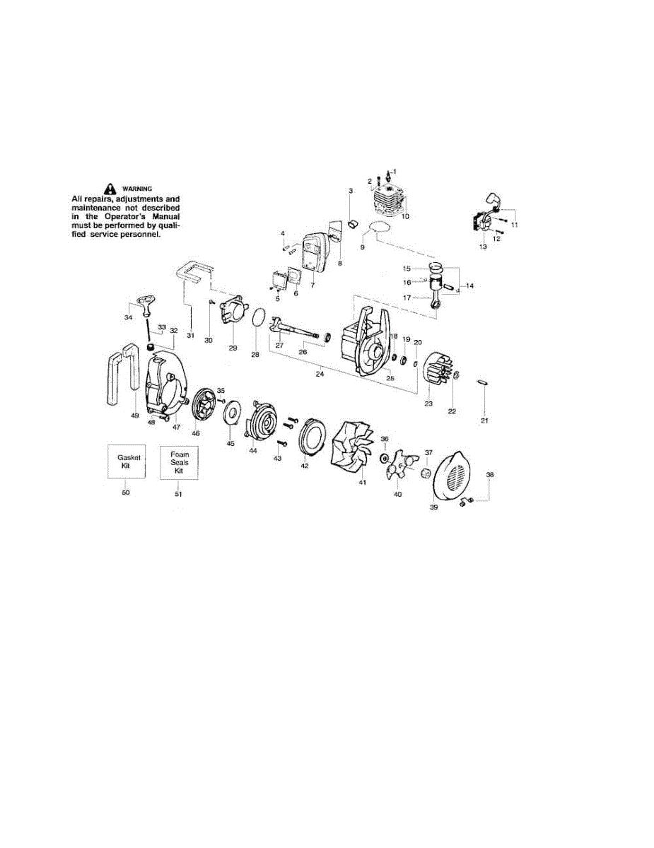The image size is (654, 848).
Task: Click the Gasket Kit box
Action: tap(125, 462)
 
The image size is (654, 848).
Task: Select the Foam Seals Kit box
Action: tap(179, 462)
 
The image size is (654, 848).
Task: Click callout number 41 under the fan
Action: tap(362, 483)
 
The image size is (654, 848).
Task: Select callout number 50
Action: tap(125, 492)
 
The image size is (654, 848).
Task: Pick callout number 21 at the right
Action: tap(484, 421)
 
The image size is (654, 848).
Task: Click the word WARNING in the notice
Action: tap(137, 188)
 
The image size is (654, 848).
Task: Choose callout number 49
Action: tap(134, 416)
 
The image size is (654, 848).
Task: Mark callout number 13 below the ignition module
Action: tap(483, 247)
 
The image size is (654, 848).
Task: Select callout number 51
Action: tap(179, 493)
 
